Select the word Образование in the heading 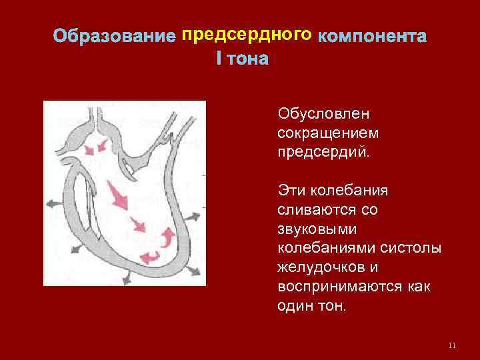click(x=115, y=35)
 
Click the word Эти click(x=291, y=191)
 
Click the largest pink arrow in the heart click(x=118, y=196)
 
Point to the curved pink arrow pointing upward click(x=169, y=236)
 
